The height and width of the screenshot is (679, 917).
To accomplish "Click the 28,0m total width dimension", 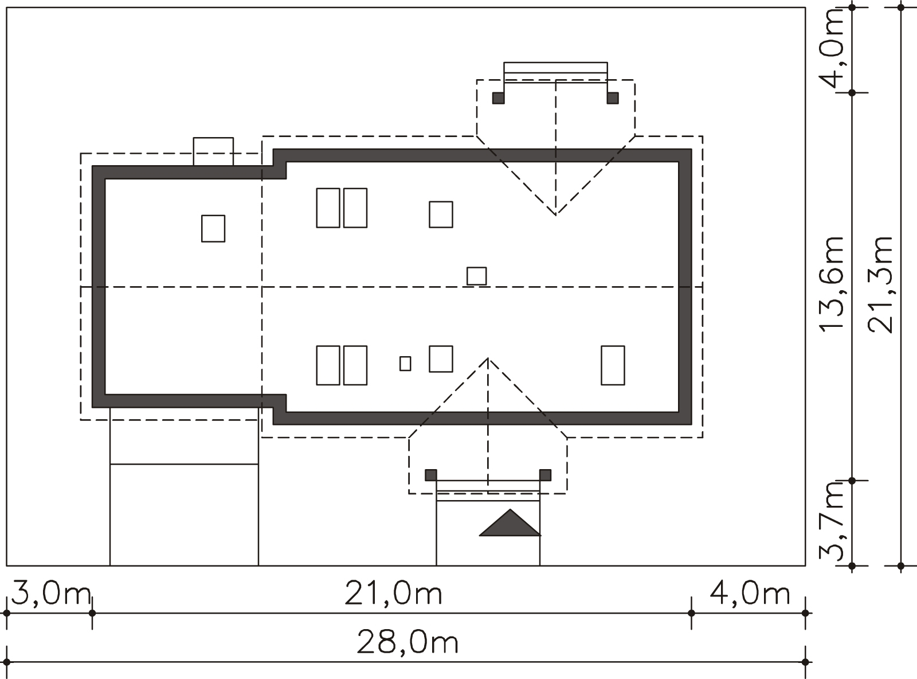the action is [407, 643].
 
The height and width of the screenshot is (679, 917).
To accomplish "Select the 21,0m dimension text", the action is [393, 594].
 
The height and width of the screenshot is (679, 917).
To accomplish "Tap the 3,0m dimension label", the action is [51, 594].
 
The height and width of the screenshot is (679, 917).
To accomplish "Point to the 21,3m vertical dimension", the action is [880, 285].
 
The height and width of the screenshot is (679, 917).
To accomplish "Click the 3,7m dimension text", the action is [830, 522].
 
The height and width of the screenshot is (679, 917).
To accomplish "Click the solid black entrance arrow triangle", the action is [510, 522].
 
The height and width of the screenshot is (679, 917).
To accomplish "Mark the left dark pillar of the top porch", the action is [499, 98].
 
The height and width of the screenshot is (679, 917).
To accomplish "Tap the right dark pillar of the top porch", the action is [613, 98].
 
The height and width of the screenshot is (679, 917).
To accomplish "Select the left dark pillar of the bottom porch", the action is [431, 475].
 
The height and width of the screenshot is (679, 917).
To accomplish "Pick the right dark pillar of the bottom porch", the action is [545, 475].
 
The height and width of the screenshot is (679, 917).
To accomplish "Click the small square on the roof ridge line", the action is [477, 276].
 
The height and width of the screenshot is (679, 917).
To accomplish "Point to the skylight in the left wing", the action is [213, 228].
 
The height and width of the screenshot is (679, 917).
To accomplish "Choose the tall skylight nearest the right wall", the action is [613, 365].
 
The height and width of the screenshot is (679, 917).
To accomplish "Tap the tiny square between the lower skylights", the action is [405, 364].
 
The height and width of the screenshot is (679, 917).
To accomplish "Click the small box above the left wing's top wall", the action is [213, 151].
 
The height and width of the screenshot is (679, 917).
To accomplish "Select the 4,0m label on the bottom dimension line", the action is [750, 594].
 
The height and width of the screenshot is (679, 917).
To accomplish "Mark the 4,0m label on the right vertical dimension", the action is [830, 48].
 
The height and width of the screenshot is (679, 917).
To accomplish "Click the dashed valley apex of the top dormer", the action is [556, 215].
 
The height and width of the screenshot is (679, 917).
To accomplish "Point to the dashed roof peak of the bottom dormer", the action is [488, 358].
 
